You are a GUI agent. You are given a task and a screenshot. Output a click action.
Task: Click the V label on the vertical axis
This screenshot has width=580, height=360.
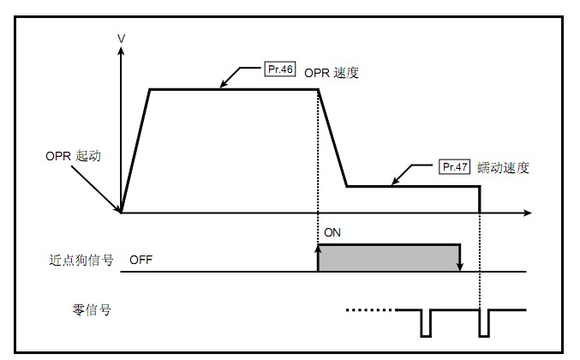point(121,38)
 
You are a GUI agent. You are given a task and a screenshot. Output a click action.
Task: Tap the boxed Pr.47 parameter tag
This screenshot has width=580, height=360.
point(454,167)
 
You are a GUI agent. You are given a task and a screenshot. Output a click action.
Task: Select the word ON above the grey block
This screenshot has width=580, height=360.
point(332,232)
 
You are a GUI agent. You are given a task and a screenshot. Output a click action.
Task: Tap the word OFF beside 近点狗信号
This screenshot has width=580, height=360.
point(142,258)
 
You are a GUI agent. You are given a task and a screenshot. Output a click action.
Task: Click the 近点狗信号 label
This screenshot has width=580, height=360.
point(81,258)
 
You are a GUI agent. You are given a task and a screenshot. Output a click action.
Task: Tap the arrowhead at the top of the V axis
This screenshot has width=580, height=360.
point(122,51)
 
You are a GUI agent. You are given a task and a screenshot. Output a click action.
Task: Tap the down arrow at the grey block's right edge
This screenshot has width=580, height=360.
point(461,264)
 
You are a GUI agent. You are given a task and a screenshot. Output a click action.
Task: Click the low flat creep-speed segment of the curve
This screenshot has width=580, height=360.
point(411,186)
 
